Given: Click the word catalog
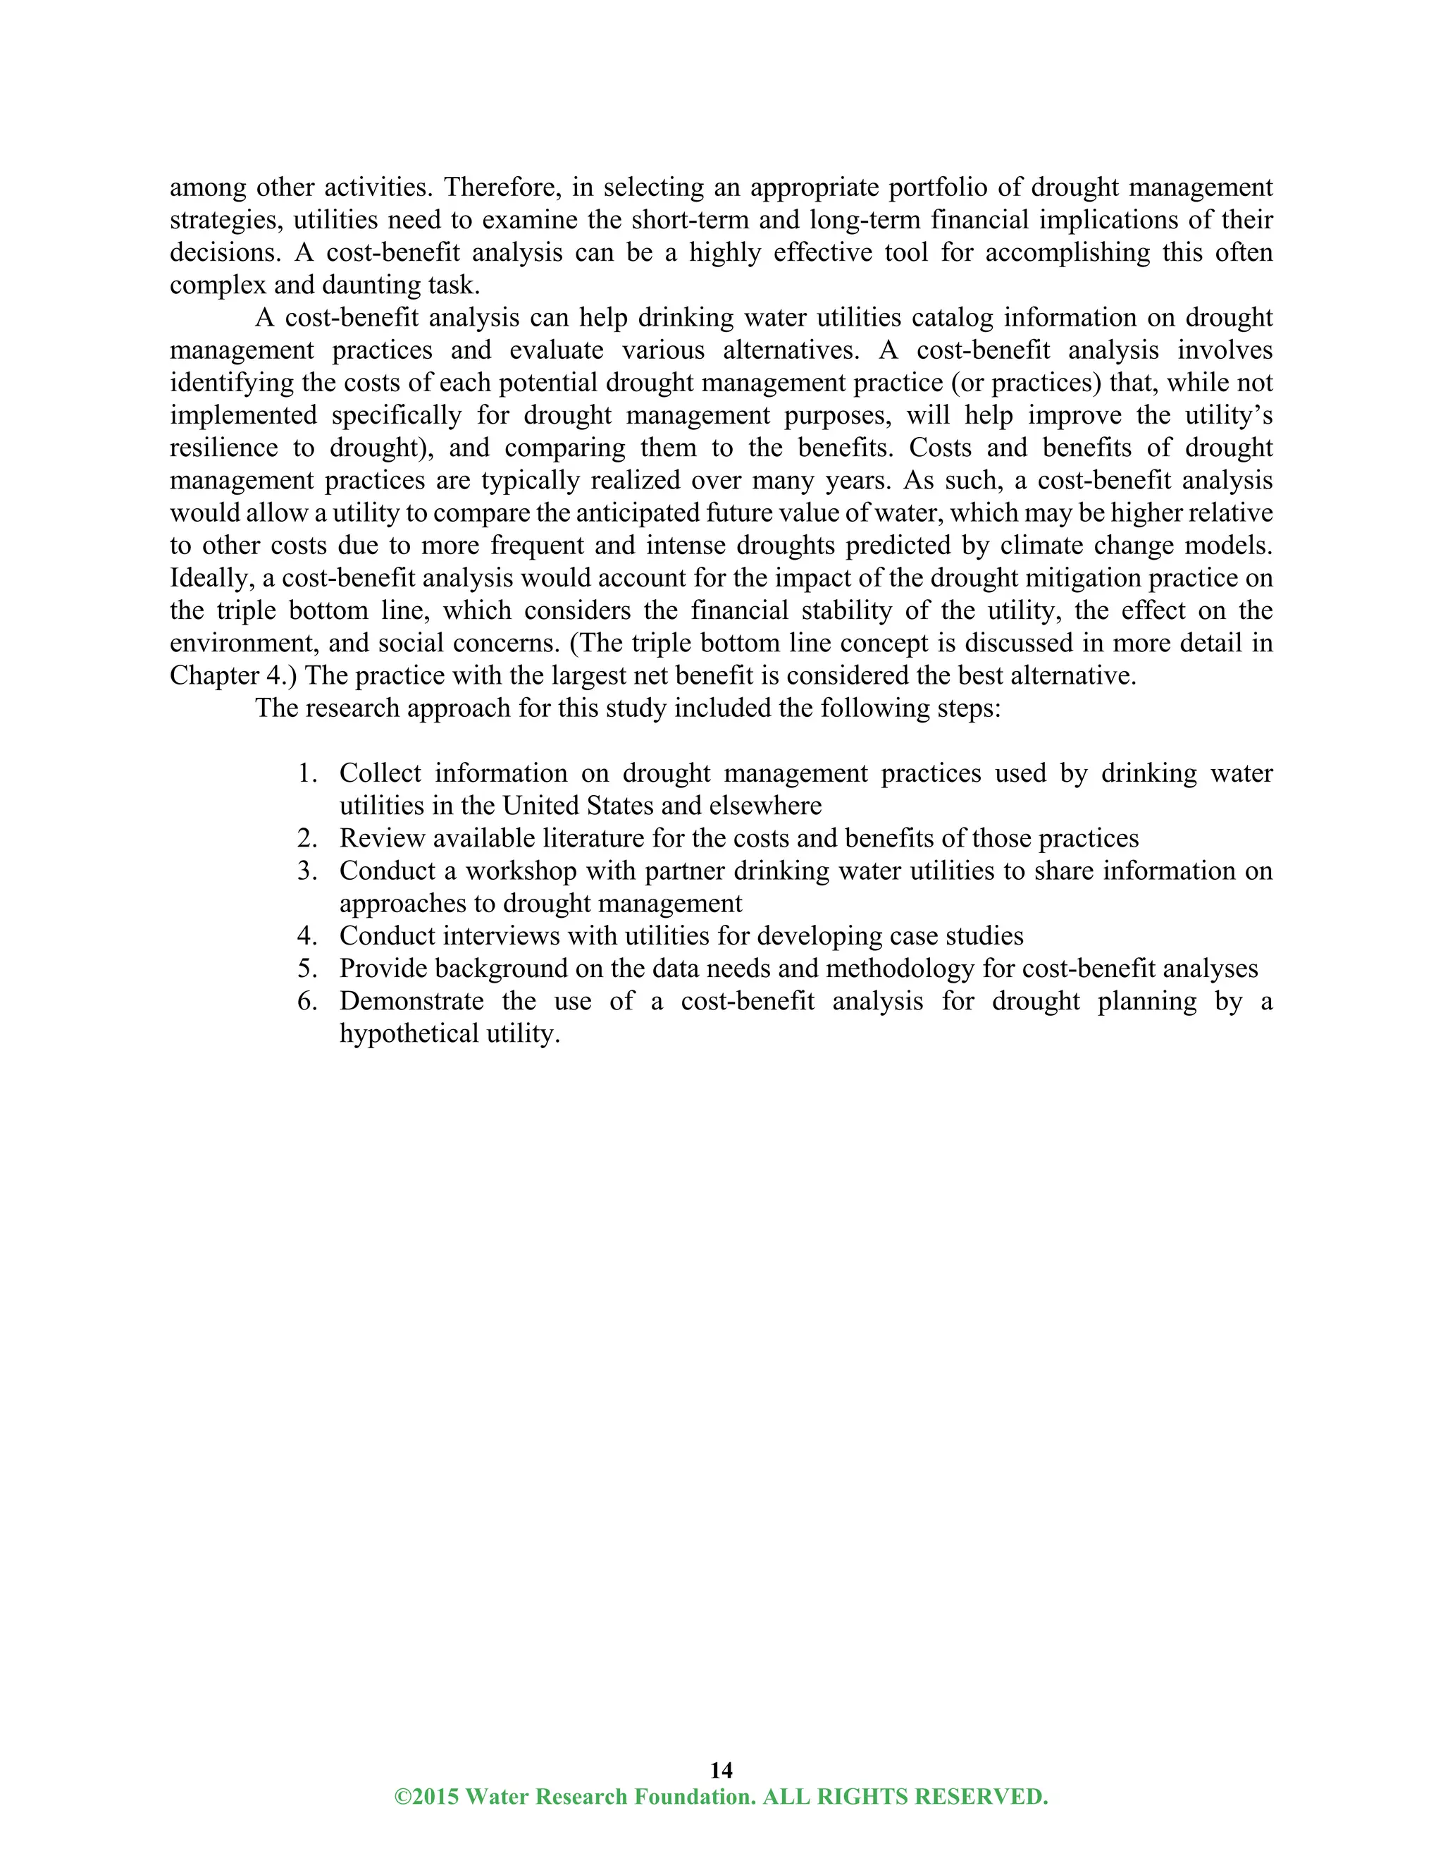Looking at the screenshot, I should click(953, 317).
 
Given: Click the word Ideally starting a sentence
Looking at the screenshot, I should click(212, 577).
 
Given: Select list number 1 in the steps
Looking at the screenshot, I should click(308, 773).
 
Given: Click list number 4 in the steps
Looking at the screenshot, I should click(308, 935).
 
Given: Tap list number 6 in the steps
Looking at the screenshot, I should click(308, 1001).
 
